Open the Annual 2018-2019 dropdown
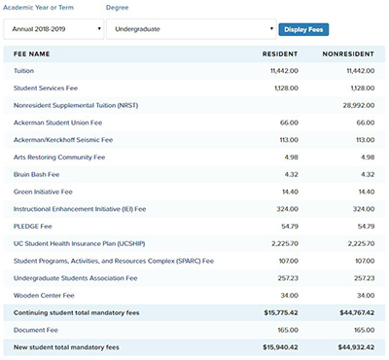53,30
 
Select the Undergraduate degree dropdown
190,30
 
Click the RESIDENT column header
281,54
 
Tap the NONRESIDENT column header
348,54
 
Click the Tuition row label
23,72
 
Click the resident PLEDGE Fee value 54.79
287,227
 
